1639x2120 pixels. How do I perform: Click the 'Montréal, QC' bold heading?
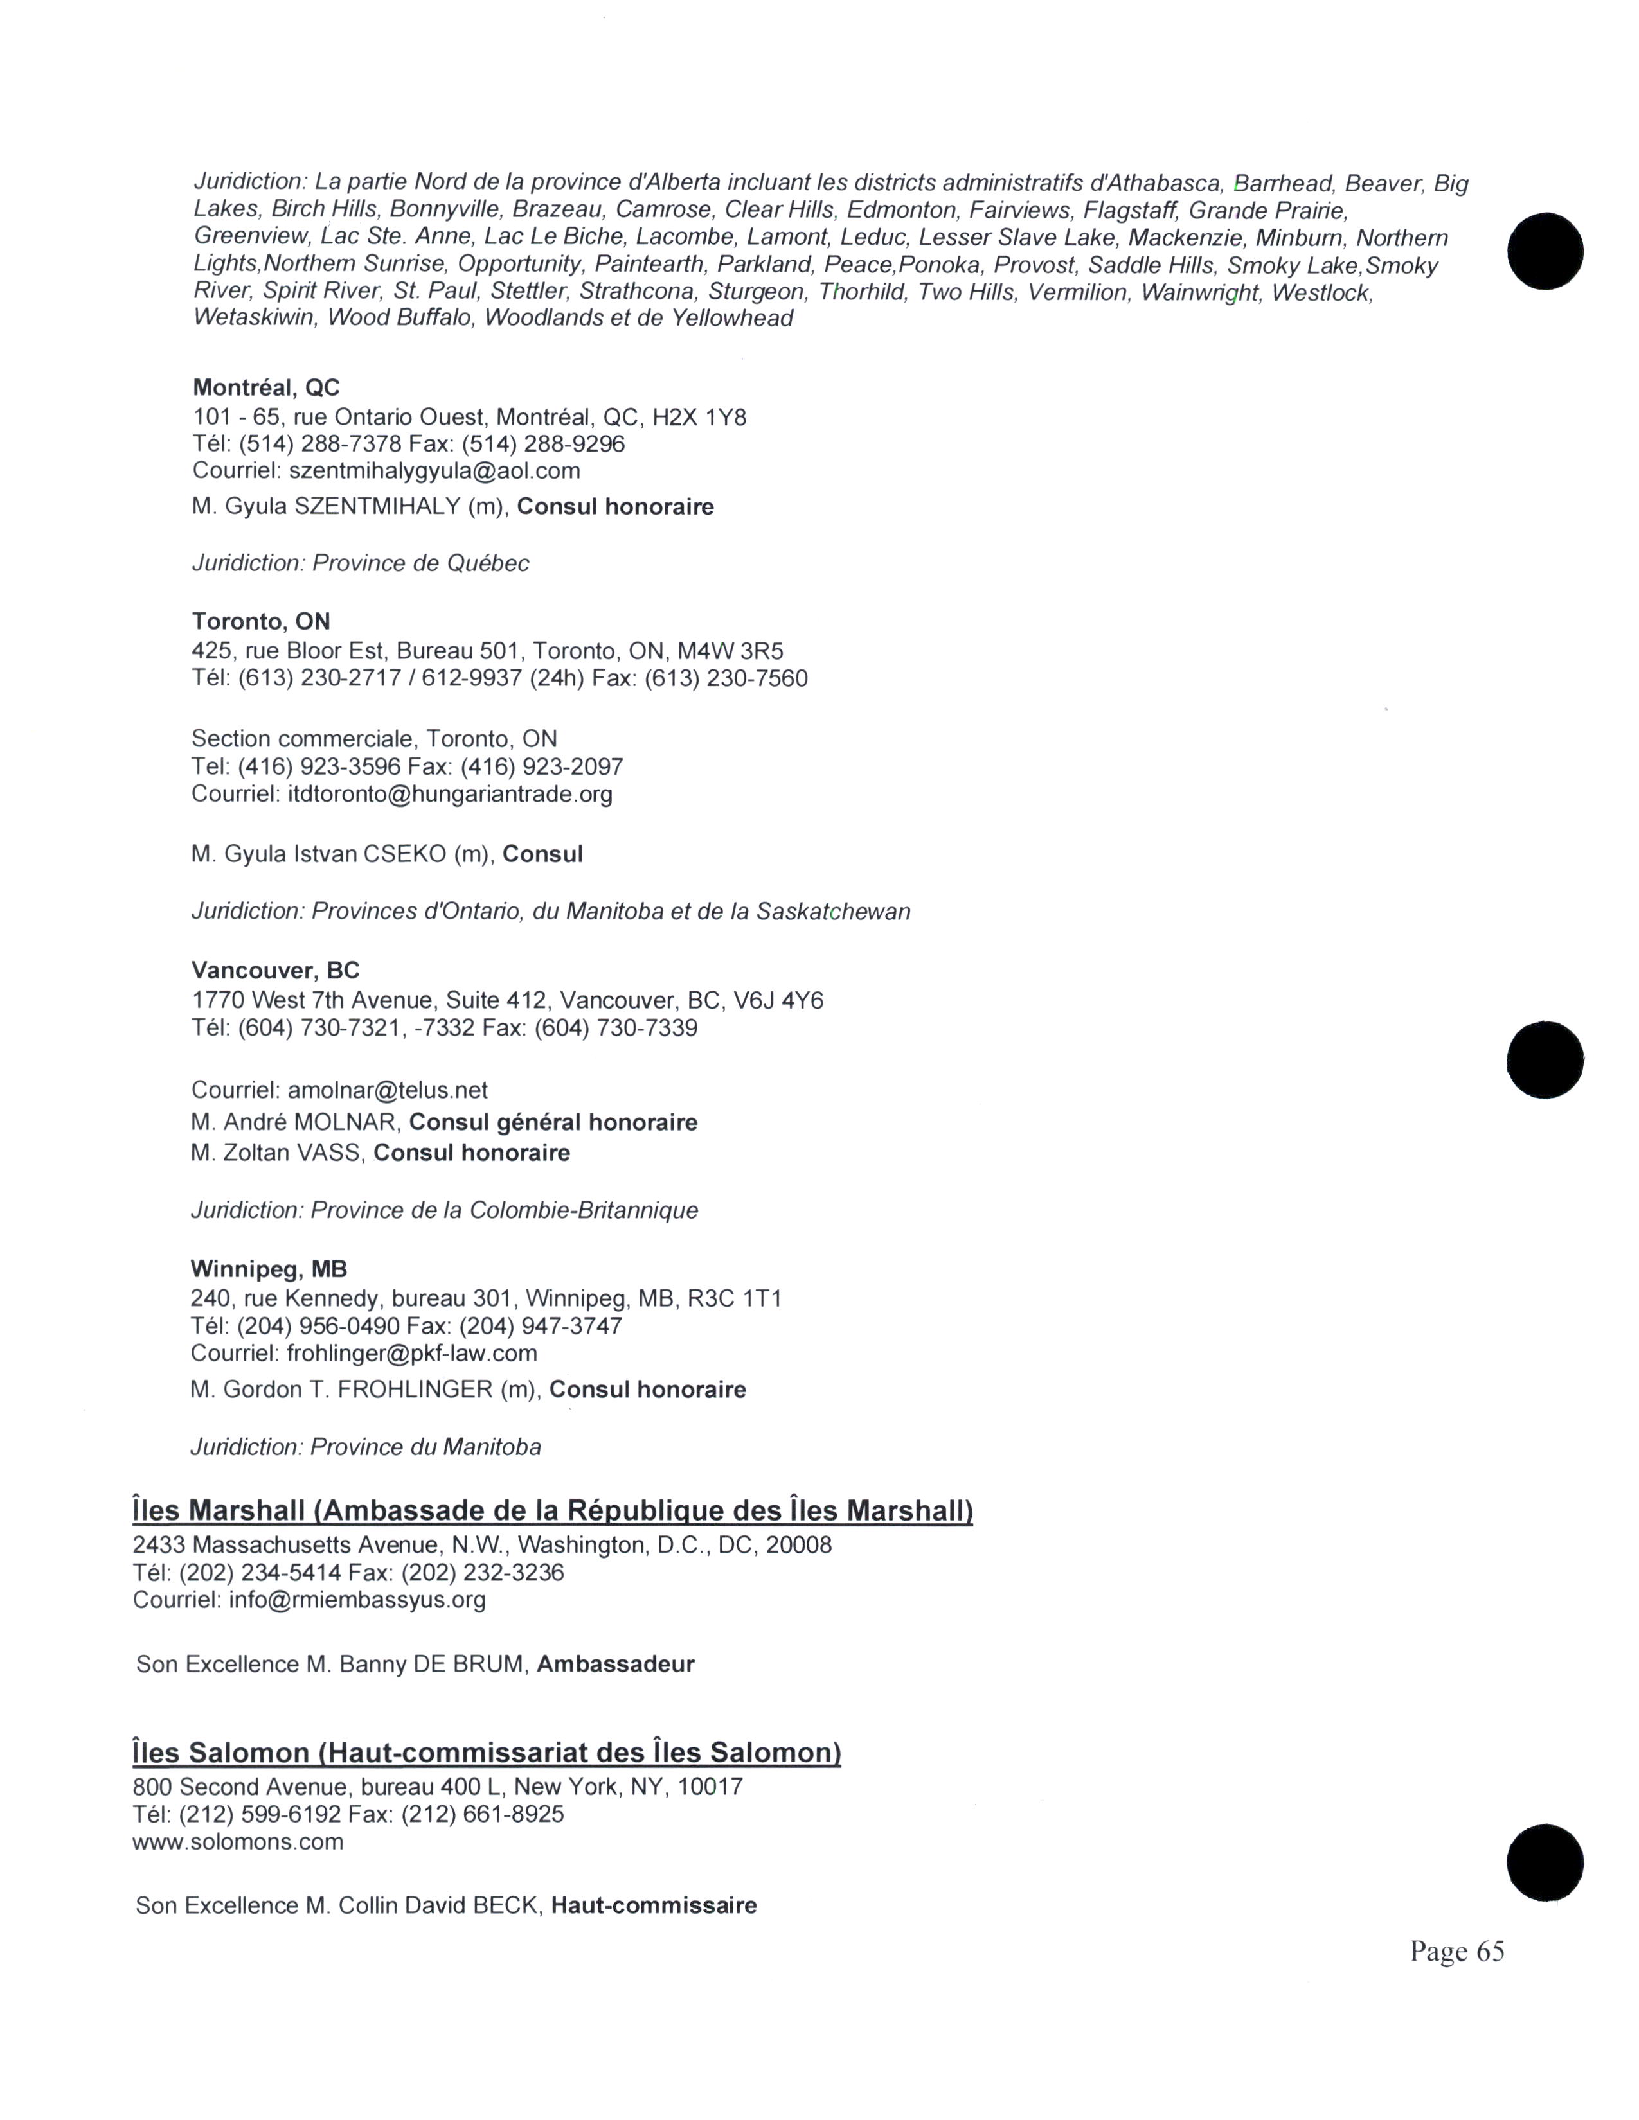(266, 388)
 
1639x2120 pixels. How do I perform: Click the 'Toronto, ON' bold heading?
(260, 621)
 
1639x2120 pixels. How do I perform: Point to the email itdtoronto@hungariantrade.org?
(449, 795)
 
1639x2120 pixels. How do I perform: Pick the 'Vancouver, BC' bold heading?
(275, 971)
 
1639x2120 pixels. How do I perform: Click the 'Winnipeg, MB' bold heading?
(268, 1269)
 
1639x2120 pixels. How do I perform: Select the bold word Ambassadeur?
(616, 1665)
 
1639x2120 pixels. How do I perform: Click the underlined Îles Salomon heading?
(485, 1753)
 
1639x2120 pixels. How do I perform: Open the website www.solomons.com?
(238, 1842)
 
